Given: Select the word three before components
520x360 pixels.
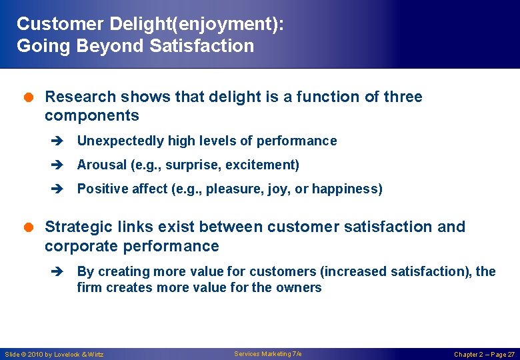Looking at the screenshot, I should [403, 97].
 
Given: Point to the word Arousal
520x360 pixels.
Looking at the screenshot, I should [101, 165].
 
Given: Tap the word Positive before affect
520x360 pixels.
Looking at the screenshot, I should [103, 189].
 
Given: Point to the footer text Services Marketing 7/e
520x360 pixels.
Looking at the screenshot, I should [267, 353].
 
